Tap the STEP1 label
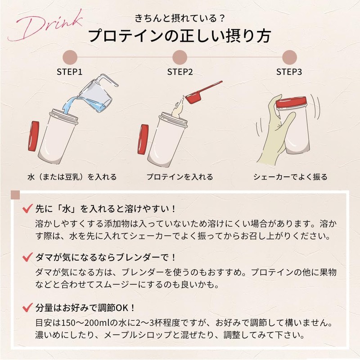[70, 72]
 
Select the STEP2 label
[180, 72]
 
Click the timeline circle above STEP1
[70, 57]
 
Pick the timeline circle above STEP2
[180, 57]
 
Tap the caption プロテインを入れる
[180, 177]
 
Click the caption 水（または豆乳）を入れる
[72, 177]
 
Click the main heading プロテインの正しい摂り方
[180, 36]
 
